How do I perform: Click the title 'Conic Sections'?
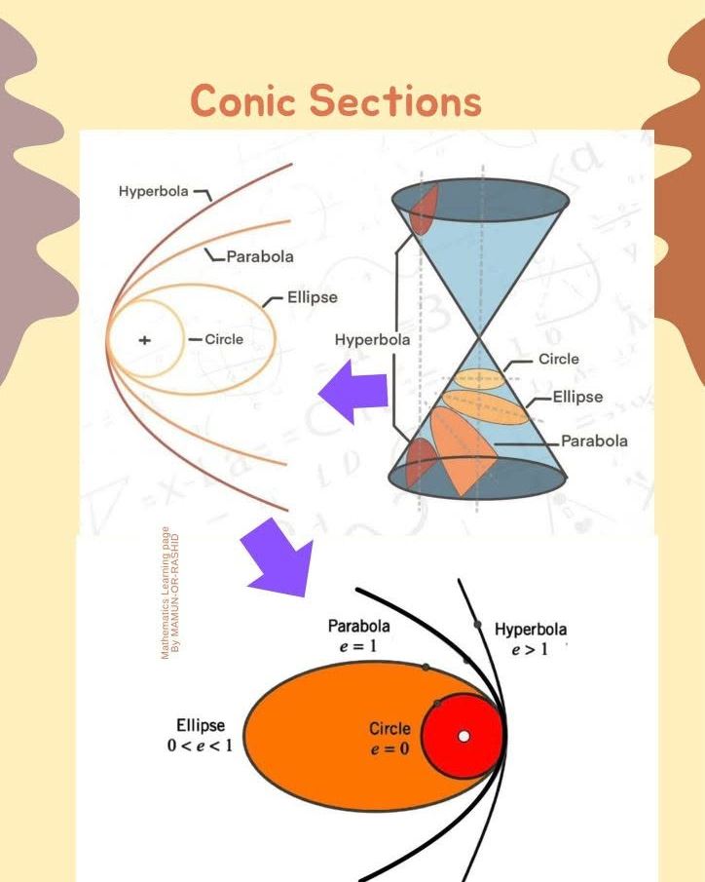point(336,100)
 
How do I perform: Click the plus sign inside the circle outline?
point(144,340)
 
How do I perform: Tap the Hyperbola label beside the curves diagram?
point(154,191)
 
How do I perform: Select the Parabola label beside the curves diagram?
point(260,256)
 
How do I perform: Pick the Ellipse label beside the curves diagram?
point(313,297)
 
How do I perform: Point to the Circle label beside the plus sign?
point(224,339)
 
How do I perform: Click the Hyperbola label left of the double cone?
point(372,340)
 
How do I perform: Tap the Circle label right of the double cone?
point(559,359)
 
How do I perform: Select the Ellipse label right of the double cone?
point(578,397)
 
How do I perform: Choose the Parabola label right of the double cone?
point(594,441)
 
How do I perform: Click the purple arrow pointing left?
point(353,392)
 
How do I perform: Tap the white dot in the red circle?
point(464,737)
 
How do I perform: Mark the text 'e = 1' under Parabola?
point(358,646)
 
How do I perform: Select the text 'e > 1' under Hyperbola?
point(530,649)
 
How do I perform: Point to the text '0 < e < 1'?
point(200,746)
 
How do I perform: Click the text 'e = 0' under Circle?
point(390,748)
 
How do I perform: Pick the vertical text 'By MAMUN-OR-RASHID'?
point(175,593)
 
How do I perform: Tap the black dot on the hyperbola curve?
point(477,625)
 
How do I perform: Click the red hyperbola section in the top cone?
point(423,210)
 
